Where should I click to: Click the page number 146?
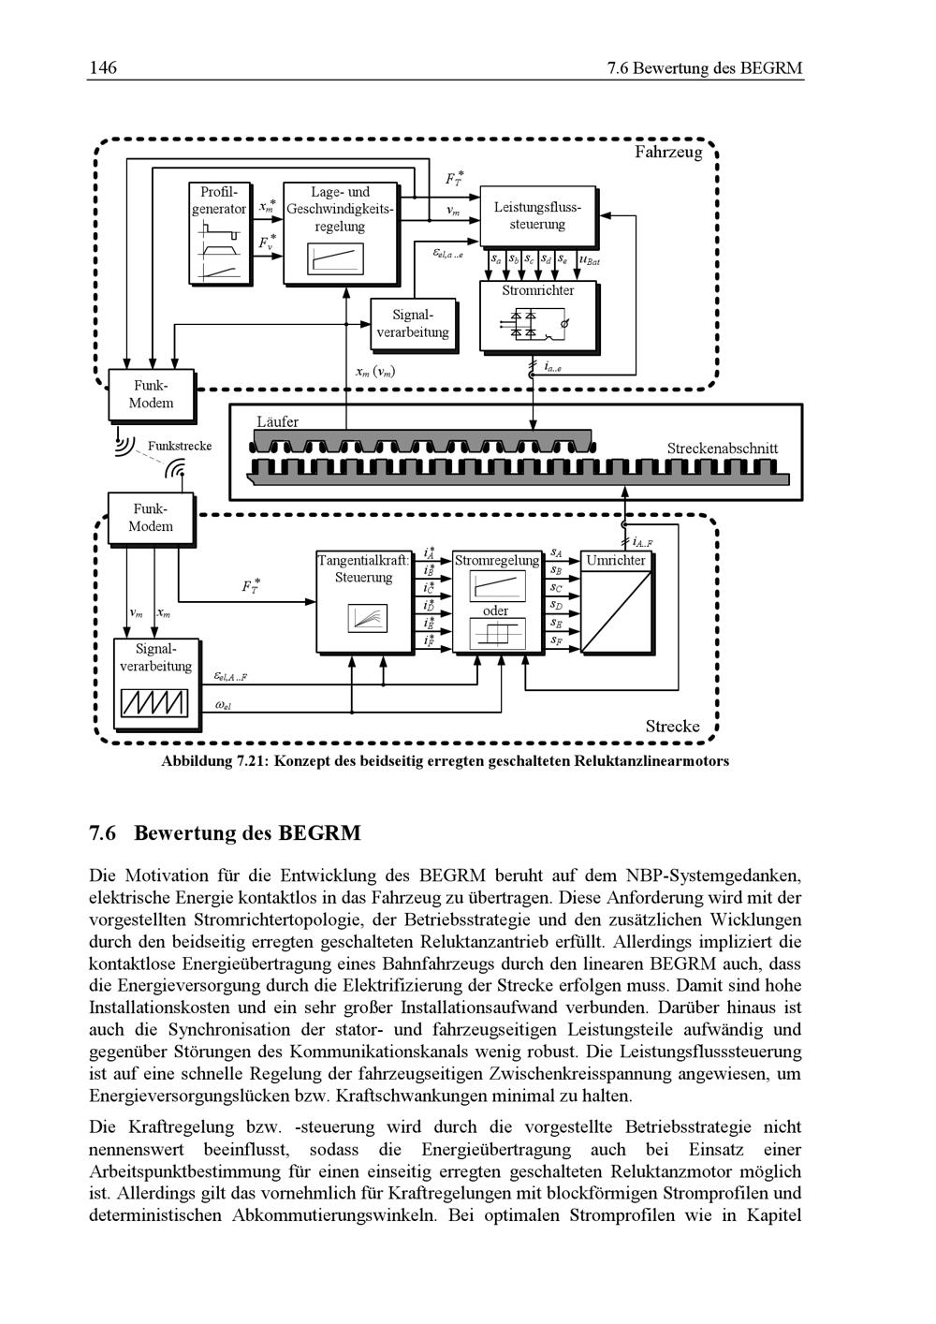(103, 68)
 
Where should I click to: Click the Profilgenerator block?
(221, 232)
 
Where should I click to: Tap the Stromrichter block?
(537, 316)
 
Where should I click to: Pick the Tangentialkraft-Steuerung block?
(363, 600)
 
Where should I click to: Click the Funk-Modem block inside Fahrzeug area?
(152, 394)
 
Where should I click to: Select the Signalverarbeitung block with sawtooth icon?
(156, 683)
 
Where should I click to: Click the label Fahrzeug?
(667, 152)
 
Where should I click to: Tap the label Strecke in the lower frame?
(672, 726)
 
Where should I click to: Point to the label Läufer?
(278, 421)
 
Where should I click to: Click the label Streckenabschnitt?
(722, 449)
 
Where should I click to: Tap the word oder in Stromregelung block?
(495, 611)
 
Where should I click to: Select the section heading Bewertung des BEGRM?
(247, 832)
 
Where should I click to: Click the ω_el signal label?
(223, 707)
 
